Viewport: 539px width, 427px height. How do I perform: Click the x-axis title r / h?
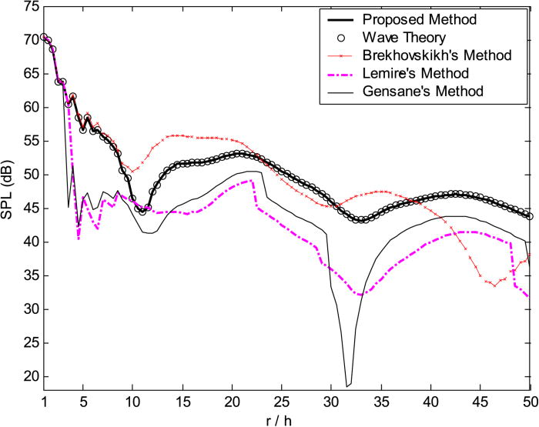click(x=286, y=419)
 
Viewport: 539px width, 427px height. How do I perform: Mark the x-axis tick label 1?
click(x=44, y=402)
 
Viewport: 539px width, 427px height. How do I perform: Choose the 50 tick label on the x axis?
click(x=530, y=402)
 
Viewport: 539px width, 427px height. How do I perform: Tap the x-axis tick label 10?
click(x=132, y=402)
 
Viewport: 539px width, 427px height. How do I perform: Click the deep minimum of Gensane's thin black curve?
click(x=347, y=385)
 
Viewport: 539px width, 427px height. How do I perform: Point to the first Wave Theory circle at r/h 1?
click(x=44, y=36)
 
